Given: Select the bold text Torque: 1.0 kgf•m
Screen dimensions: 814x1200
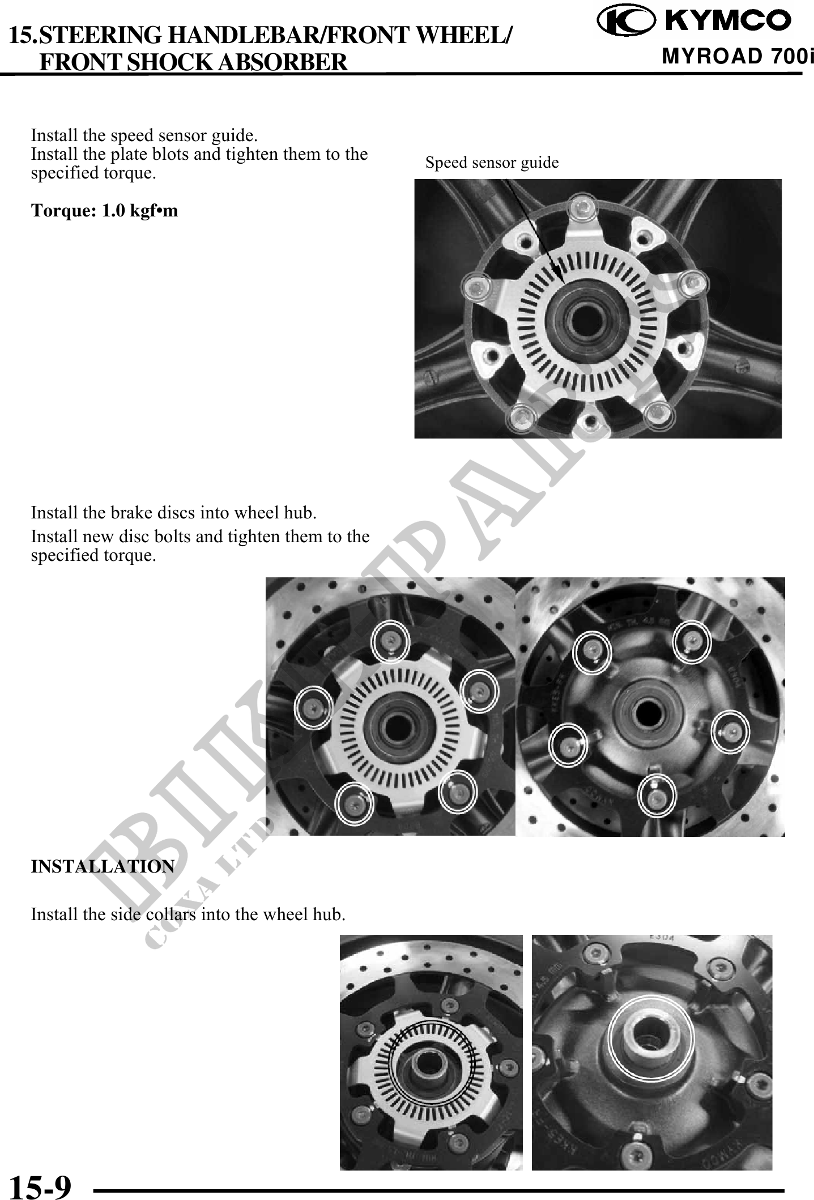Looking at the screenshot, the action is (x=104, y=211).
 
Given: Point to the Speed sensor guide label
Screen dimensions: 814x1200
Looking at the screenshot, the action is (x=492, y=163).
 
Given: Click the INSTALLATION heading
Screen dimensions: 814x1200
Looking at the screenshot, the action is (x=103, y=867).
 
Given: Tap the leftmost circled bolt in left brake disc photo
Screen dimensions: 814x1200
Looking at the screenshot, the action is (x=314, y=706).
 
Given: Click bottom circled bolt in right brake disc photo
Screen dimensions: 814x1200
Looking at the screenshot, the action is (x=657, y=796).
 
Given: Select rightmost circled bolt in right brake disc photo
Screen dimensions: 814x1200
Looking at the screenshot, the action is (x=730, y=732).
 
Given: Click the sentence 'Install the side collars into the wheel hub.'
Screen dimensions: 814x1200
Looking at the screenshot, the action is (x=188, y=914).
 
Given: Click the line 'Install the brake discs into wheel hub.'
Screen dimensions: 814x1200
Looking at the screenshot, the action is (x=174, y=513).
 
